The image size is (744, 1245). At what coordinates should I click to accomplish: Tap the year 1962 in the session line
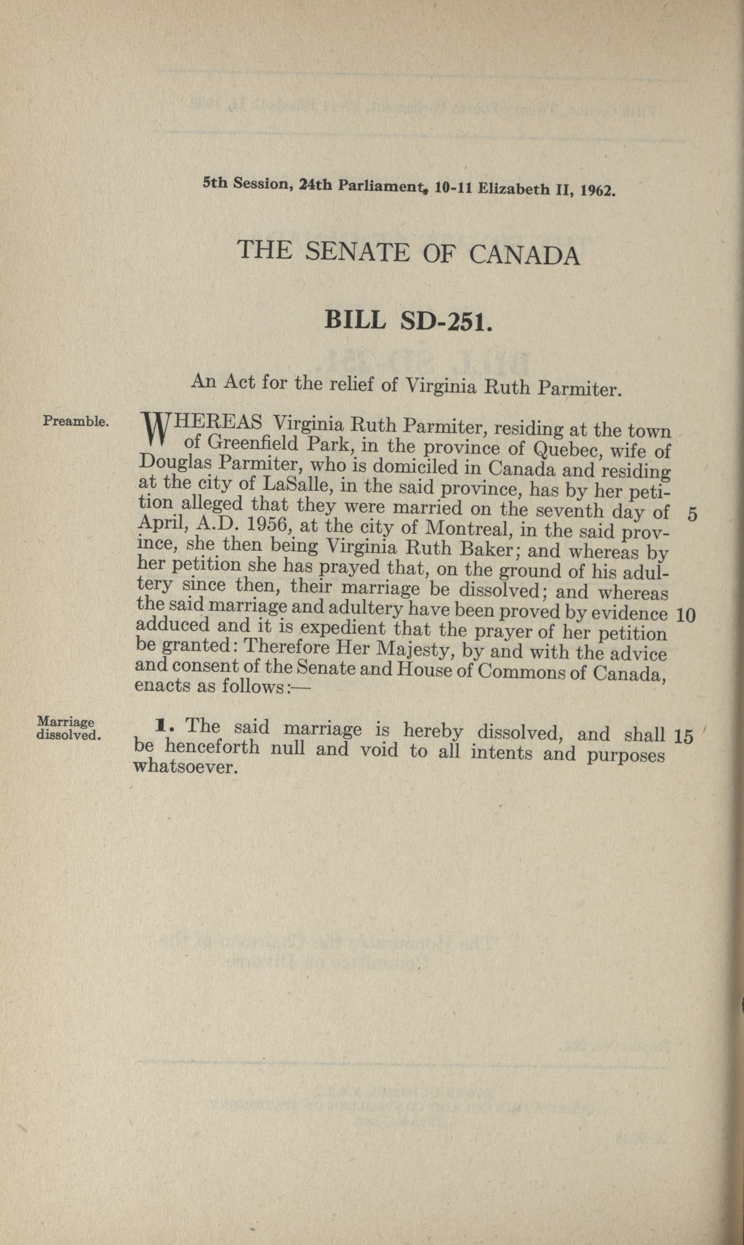click(x=597, y=191)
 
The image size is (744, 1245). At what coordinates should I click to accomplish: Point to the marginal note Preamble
click(x=76, y=421)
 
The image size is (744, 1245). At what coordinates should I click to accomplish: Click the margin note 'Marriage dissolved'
click(x=68, y=729)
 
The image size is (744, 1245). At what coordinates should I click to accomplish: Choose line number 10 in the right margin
click(x=686, y=615)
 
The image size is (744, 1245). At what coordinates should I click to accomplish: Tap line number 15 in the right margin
click(x=684, y=736)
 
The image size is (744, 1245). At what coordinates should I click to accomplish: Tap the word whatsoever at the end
click(x=185, y=767)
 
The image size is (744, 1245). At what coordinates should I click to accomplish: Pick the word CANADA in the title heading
click(x=524, y=256)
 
